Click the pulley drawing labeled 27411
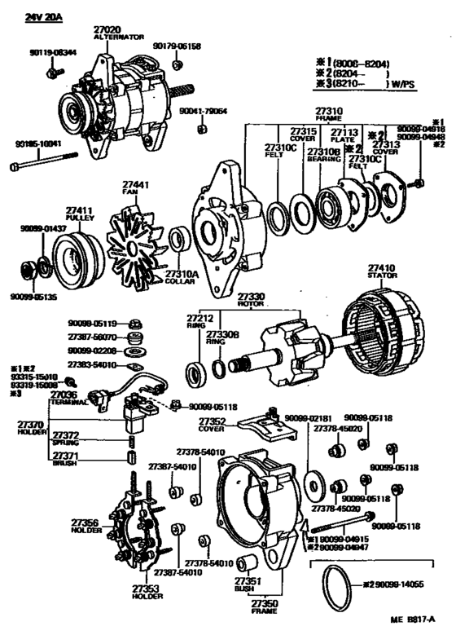pos(69,249)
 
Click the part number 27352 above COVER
pos(214,421)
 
